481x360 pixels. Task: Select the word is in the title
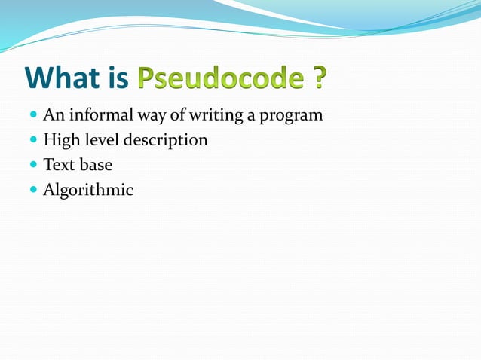(x=121, y=78)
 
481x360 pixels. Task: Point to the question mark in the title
(x=320, y=78)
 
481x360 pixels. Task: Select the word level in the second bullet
(x=100, y=140)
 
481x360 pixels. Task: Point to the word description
(x=167, y=141)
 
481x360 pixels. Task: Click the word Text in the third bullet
(x=59, y=165)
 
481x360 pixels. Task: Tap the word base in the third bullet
(x=96, y=165)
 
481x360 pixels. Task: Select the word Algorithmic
(x=88, y=190)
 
